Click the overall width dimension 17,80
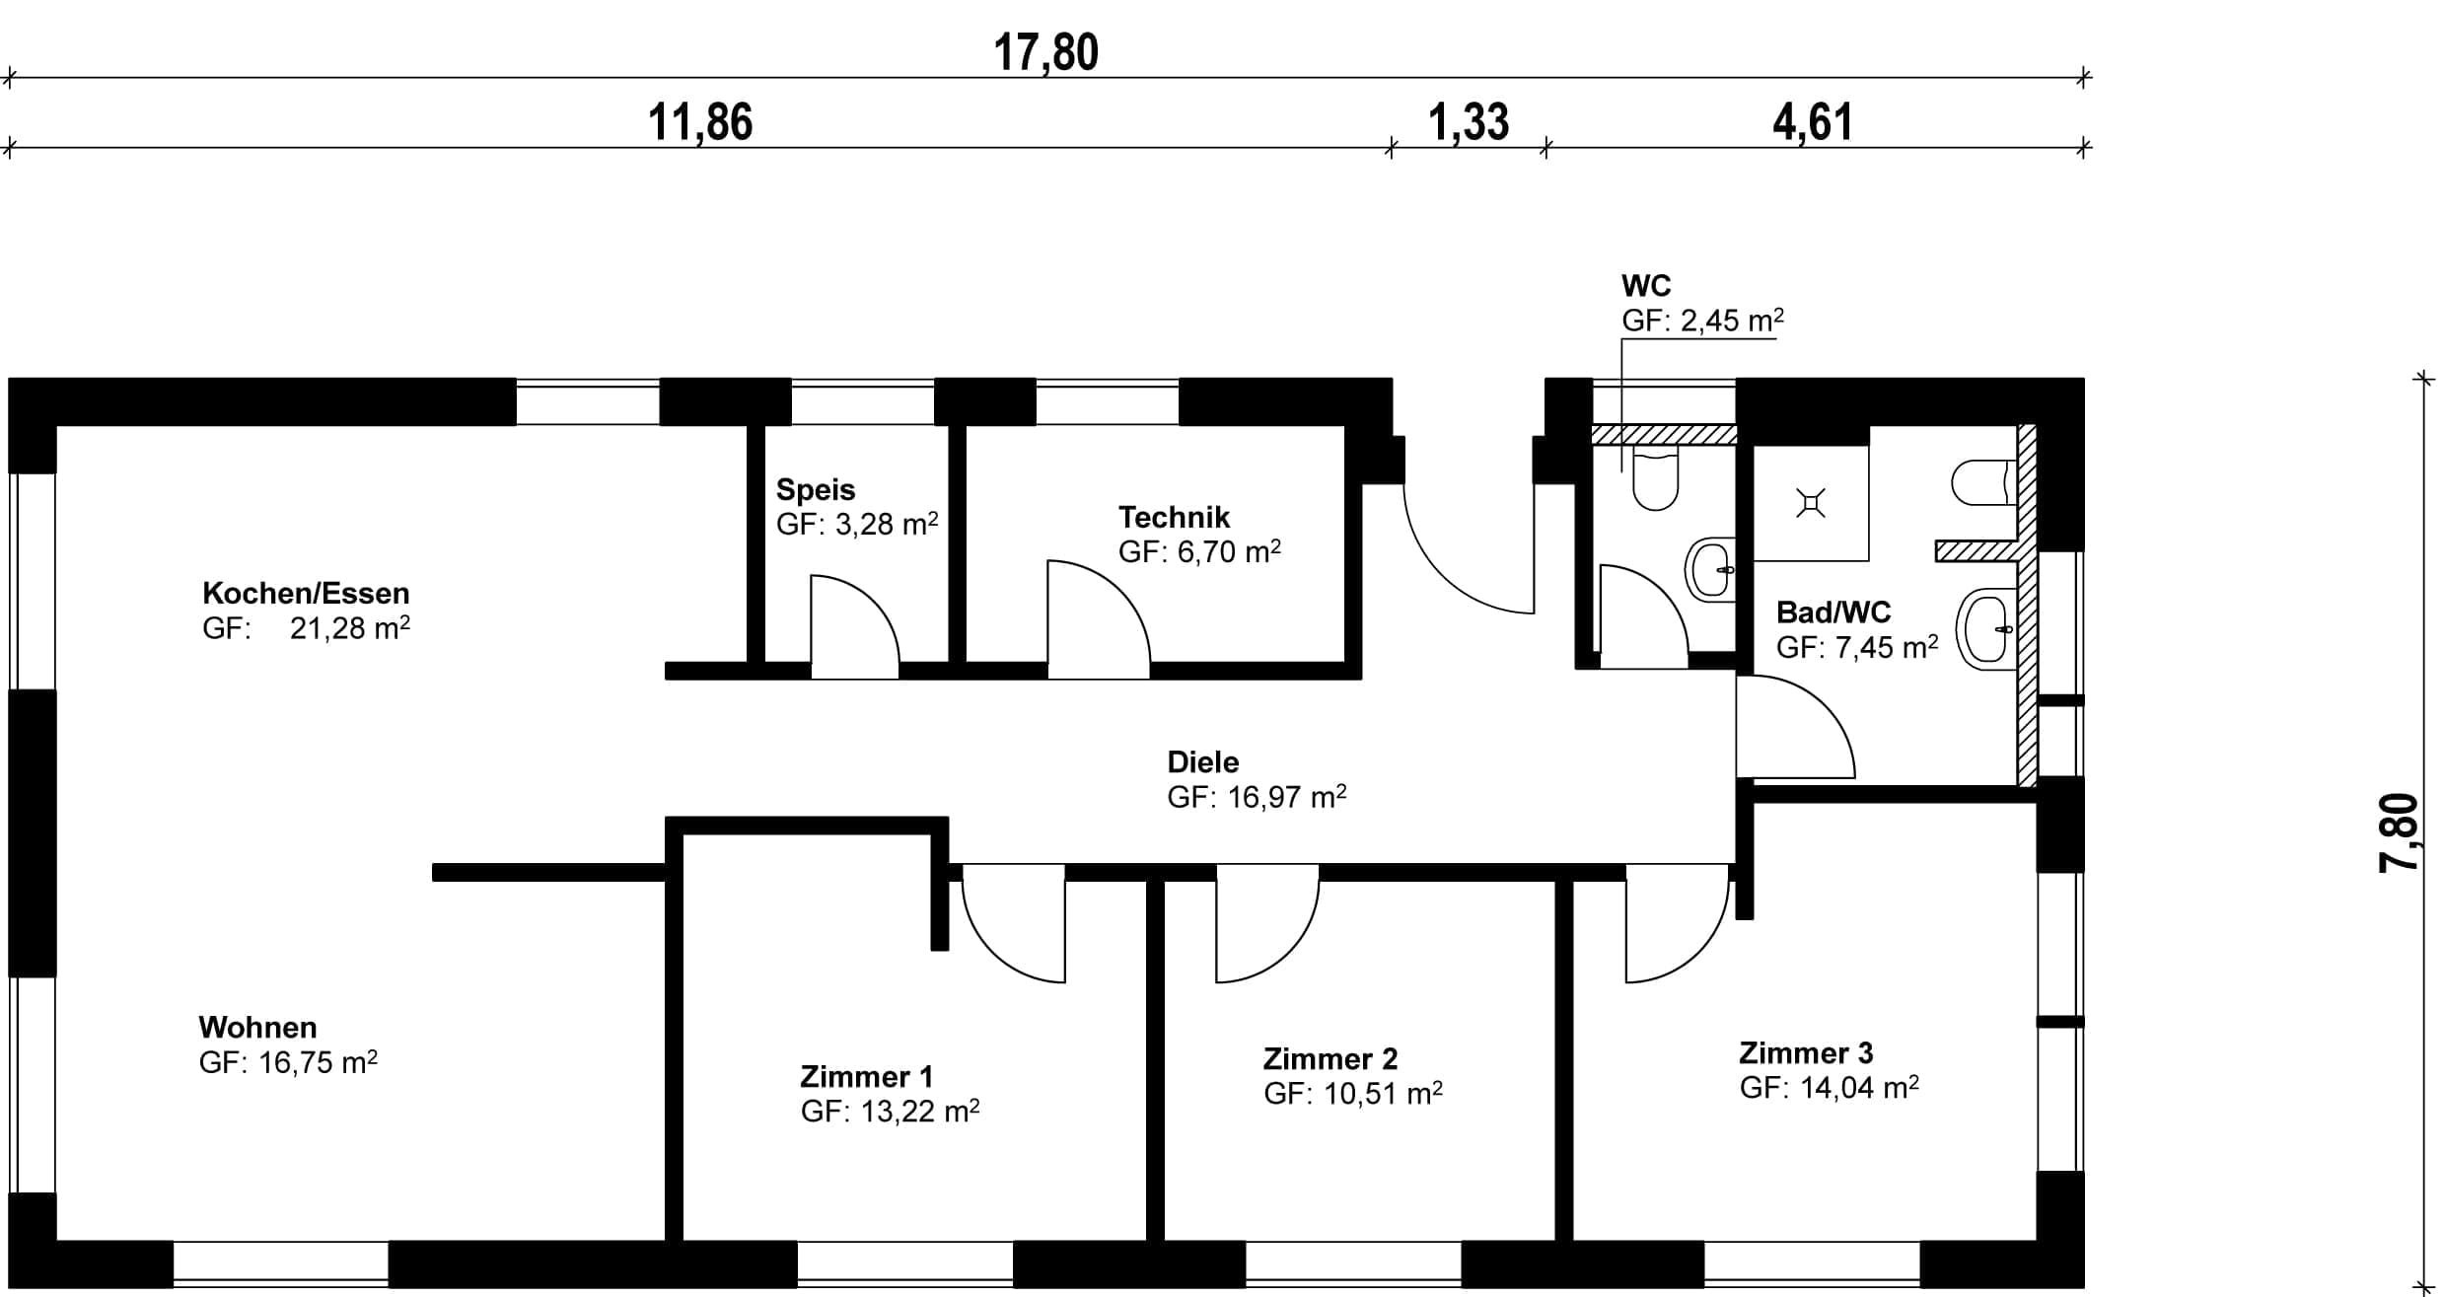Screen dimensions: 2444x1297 1045,52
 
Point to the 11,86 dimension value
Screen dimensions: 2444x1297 700,123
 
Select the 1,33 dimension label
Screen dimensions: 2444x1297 1469,123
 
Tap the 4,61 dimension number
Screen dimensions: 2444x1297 1813,123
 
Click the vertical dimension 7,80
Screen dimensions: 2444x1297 2400,833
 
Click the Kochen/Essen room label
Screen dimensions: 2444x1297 306,593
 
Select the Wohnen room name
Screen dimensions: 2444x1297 257,1027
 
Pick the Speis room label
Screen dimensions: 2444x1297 816,489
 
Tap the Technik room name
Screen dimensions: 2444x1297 1174,517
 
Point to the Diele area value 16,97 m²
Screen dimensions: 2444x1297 1286,796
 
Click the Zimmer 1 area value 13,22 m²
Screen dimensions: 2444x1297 919,1111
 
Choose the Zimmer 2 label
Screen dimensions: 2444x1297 1330,1058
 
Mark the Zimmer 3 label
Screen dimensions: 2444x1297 1806,1052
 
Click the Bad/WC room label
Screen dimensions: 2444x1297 1833,612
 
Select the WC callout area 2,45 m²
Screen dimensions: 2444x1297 1733,320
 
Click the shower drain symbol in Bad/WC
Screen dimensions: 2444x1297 1811,504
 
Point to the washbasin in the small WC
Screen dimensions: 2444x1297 1711,569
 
